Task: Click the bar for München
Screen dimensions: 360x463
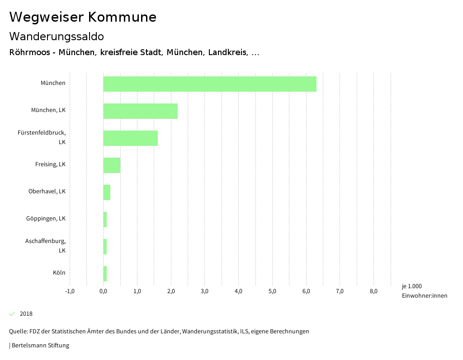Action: tap(210, 84)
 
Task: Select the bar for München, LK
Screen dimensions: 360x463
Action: tap(141, 111)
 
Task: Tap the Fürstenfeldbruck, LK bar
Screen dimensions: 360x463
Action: tap(131, 138)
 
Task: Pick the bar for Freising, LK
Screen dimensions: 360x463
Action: tap(112, 165)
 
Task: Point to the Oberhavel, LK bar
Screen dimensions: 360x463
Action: tap(107, 192)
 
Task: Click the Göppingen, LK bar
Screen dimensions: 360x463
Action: tap(105, 220)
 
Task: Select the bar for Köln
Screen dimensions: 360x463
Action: tap(105, 274)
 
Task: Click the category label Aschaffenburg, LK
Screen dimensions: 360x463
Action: tap(46, 246)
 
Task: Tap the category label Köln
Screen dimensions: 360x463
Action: tap(59, 273)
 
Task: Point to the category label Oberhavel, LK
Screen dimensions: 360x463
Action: tap(47, 192)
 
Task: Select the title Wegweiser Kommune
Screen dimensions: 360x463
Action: tap(83, 17)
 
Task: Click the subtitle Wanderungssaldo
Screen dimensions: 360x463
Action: tap(57, 36)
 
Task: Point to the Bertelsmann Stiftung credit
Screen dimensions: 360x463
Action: tap(40, 346)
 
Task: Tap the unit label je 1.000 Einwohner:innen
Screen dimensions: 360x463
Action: tap(424, 291)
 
